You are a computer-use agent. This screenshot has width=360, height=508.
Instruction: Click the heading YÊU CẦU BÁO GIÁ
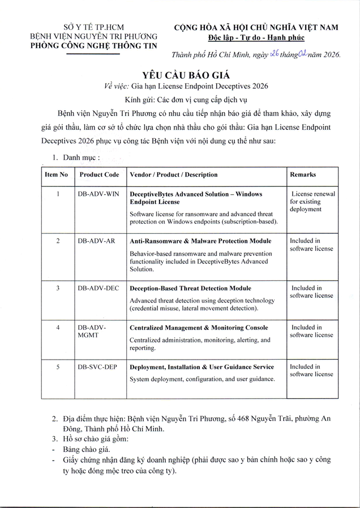coord(181,74)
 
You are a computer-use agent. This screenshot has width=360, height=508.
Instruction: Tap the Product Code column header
coord(99,174)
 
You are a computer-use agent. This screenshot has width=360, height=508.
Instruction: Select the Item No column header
coord(56,174)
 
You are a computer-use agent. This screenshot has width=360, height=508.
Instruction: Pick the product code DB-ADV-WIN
coord(98,194)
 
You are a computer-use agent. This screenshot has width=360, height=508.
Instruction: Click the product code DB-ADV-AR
coord(96,241)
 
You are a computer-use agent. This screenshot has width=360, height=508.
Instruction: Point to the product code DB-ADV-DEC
coord(98,288)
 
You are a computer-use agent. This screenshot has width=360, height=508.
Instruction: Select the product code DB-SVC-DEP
coord(97,367)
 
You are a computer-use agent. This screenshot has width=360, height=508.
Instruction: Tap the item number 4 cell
coord(58,327)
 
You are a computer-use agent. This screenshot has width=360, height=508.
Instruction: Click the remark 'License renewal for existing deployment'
coord(312,201)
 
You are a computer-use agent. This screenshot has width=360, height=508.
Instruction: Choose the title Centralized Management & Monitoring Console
coord(199,328)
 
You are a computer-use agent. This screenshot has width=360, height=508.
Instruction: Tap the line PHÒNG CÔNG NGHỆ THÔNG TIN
coord(93,46)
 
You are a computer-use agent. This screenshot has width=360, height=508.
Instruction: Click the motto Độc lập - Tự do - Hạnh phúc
coord(256,37)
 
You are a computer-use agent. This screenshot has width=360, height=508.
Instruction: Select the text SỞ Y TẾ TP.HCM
coord(93,27)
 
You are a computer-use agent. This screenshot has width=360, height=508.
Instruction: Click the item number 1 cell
coord(58,194)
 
